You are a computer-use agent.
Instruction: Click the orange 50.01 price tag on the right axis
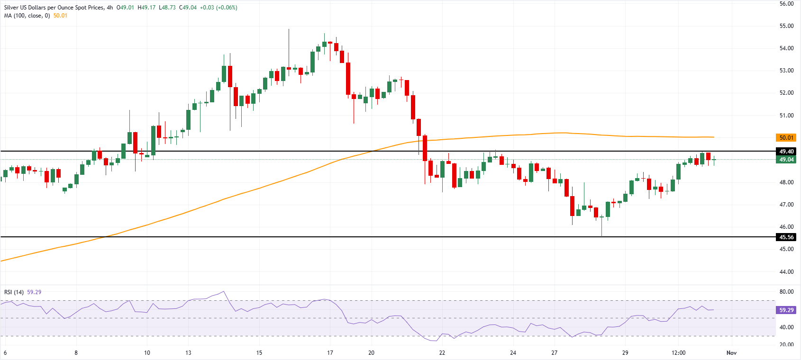[x=786, y=138]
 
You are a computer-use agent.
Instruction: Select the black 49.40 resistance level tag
[x=786, y=152]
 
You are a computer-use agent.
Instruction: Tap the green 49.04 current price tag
[x=786, y=160]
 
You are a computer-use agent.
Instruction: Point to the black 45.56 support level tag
[x=786, y=237]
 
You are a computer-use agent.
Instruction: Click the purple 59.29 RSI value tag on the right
[x=786, y=310]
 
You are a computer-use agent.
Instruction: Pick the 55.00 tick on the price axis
[x=786, y=26]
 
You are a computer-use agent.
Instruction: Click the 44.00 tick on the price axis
[x=786, y=272]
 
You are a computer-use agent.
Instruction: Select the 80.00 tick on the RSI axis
[x=786, y=292]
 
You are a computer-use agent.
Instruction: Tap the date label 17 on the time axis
[x=330, y=353]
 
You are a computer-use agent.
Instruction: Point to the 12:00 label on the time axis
[x=678, y=353]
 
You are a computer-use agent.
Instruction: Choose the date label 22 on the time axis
[x=442, y=353]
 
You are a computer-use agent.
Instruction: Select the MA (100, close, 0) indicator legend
[x=27, y=16]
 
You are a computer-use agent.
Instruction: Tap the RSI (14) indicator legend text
[x=14, y=292]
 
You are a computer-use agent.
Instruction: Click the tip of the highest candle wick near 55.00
[x=289, y=29]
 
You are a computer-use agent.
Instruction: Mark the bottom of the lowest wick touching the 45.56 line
[x=602, y=236]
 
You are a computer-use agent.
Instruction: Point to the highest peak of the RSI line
[x=223, y=291]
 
